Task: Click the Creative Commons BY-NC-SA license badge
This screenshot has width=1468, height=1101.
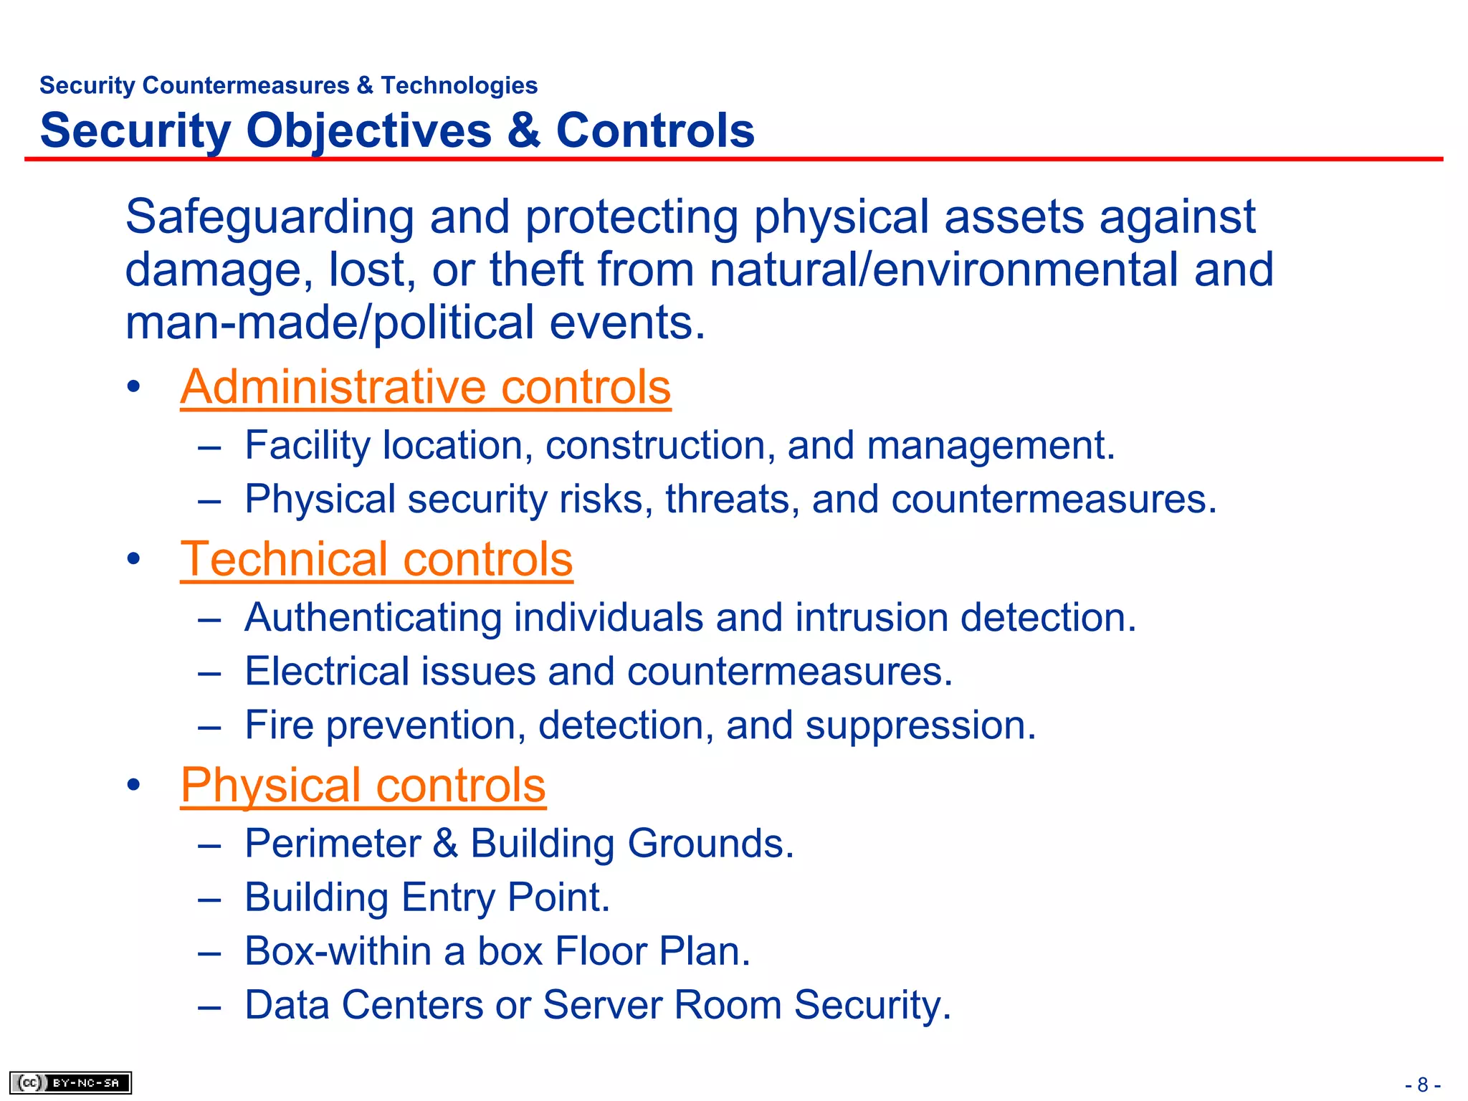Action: (70, 1082)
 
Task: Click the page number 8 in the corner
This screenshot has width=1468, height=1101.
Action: (1423, 1085)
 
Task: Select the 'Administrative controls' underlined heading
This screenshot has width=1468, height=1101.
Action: (425, 387)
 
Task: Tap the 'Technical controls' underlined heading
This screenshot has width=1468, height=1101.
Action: (376, 559)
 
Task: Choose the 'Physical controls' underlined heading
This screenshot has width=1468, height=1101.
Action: (363, 785)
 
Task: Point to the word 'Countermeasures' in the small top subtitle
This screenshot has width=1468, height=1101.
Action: (246, 85)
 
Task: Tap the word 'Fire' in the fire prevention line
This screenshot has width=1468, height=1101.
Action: (279, 725)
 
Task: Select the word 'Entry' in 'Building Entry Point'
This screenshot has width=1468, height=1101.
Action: (447, 898)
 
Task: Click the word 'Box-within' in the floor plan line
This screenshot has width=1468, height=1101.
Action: (337, 951)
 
